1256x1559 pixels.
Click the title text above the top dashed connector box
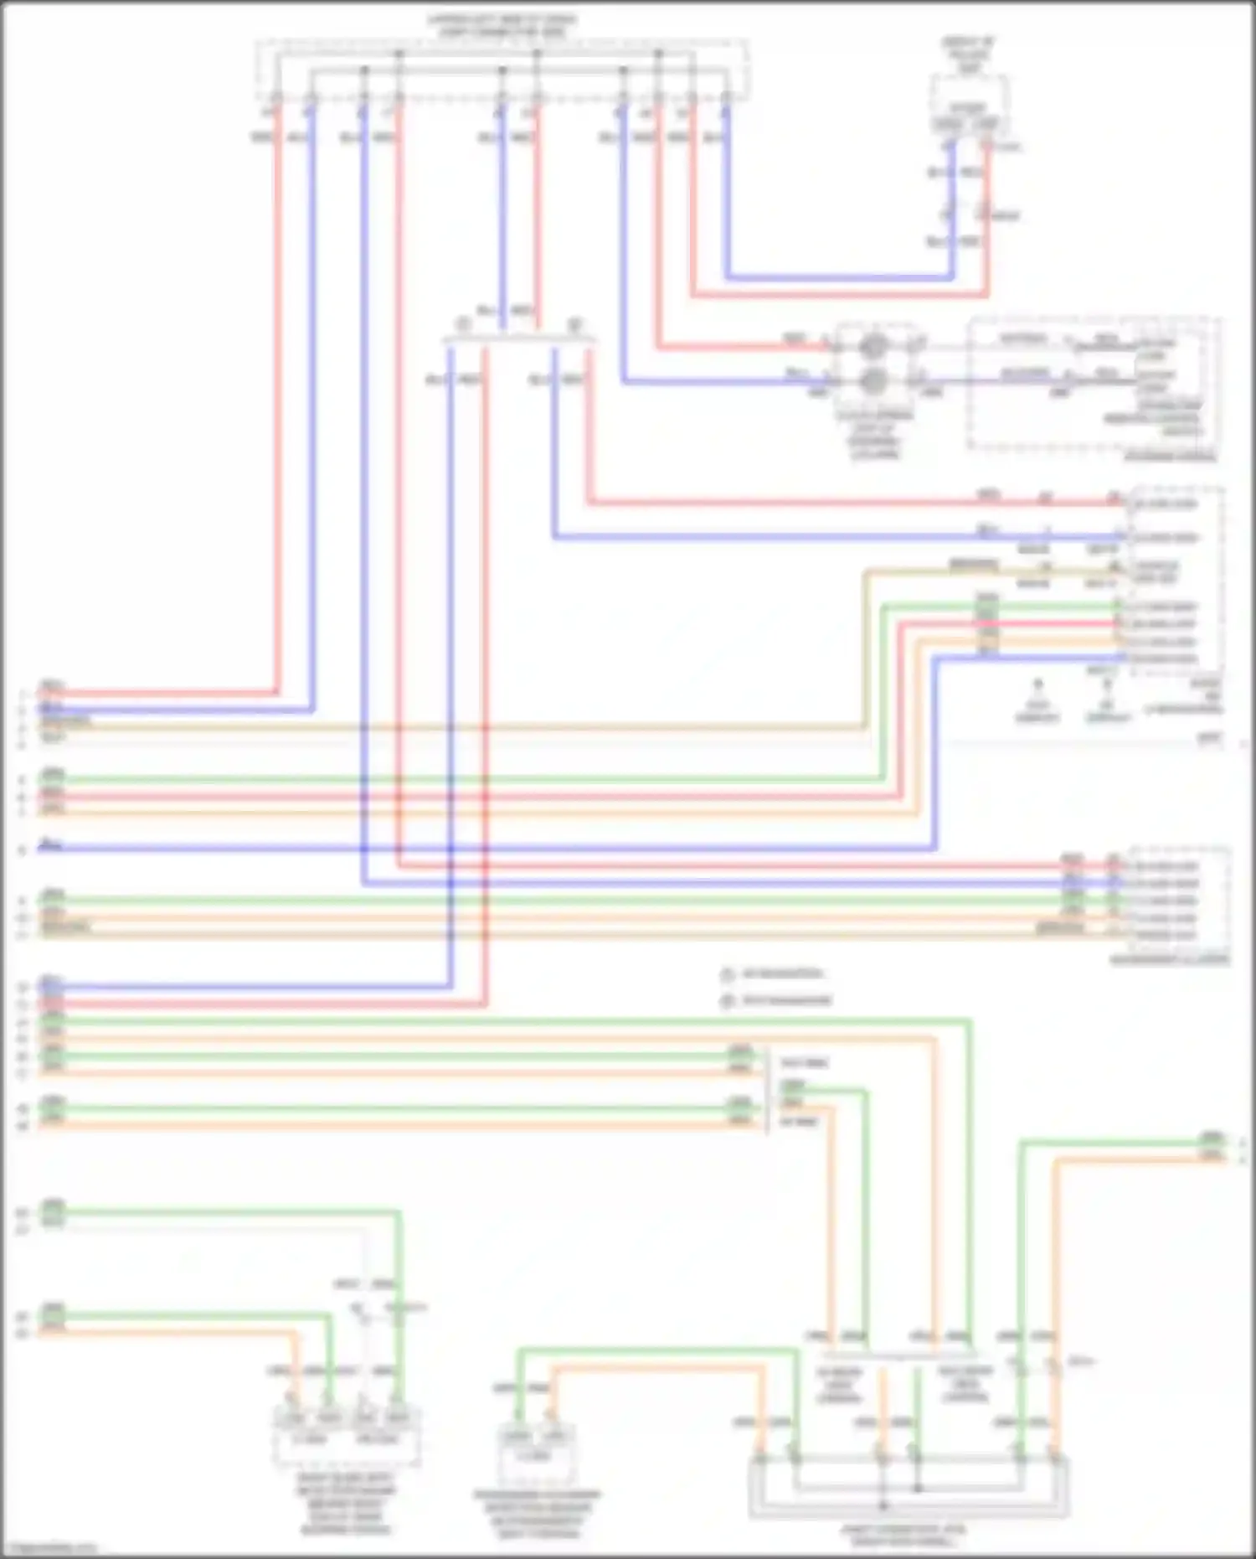pyautogui.click(x=501, y=25)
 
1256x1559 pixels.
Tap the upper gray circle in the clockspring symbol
pyautogui.click(x=873, y=344)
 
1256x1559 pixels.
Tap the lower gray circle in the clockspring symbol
pyautogui.click(x=873, y=381)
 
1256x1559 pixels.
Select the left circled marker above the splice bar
pyautogui.click(x=461, y=324)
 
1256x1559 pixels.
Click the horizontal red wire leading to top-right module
pyautogui.click(x=837, y=295)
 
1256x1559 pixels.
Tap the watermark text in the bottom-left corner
pyautogui.click(x=49, y=1547)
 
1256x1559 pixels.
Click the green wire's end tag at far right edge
pyautogui.click(x=1212, y=1139)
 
